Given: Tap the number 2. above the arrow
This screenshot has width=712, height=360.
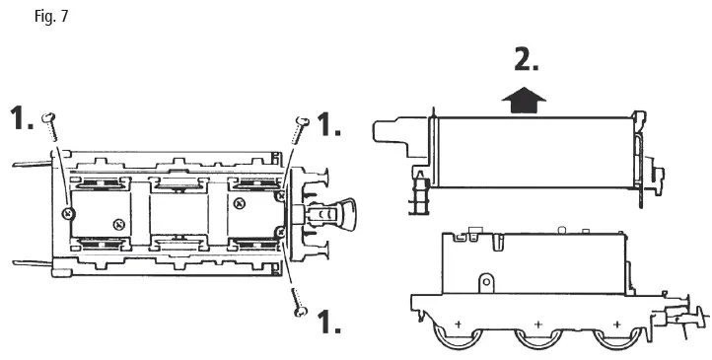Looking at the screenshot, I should pyautogui.click(x=528, y=60).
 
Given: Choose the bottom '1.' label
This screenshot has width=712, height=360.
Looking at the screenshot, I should pyautogui.click(x=328, y=323).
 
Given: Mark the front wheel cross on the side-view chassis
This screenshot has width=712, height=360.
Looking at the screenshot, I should pyautogui.click(x=458, y=324).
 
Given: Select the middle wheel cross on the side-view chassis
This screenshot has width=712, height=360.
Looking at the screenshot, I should pyautogui.click(x=537, y=324).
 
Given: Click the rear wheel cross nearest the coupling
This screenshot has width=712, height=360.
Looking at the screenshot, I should pyautogui.click(x=616, y=324).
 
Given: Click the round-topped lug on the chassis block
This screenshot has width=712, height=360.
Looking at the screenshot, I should pyautogui.click(x=485, y=284).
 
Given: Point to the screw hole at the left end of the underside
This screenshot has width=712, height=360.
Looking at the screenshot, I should pyautogui.click(x=67, y=212).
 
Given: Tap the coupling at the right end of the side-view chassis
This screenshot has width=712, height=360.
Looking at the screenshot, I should pyautogui.click(x=686, y=314).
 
